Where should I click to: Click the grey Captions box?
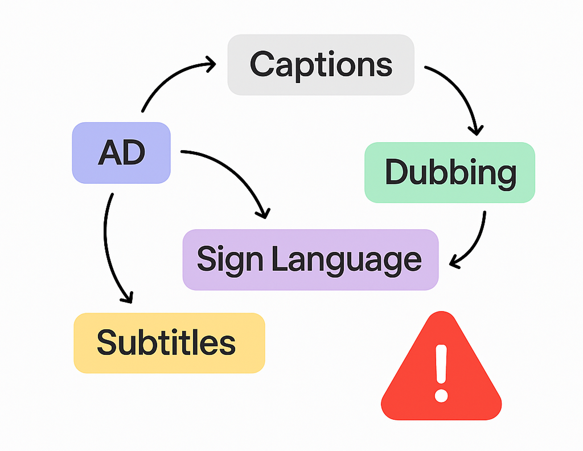tap(321, 64)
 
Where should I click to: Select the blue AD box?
tap(121, 152)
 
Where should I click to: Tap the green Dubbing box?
tap(450, 172)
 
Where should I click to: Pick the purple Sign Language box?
tap(310, 260)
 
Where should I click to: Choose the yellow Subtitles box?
tap(169, 343)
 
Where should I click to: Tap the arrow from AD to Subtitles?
tap(106, 245)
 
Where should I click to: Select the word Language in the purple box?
tap(346, 260)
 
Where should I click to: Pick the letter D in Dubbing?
tap(397, 172)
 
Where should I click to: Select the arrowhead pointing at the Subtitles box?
tap(126, 297)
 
